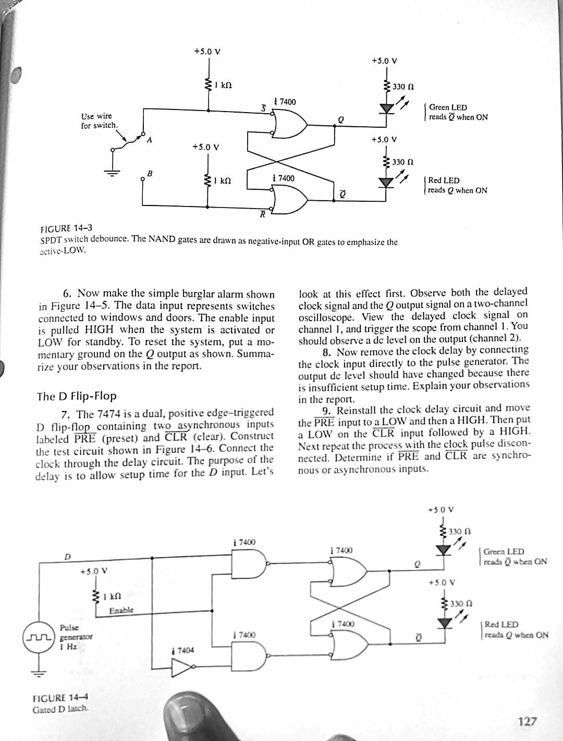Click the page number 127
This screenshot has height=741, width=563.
[527, 721]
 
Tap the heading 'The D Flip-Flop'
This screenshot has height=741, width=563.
[77, 396]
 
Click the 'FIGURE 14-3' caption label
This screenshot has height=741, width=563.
[66, 228]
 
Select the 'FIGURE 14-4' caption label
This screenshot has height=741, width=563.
[60, 698]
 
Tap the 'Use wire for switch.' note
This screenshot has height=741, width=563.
[99, 120]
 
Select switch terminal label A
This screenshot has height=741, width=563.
[150, 140]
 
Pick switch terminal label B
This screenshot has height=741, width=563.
[150, 173]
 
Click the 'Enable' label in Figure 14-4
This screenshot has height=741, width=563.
[121, 610]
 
